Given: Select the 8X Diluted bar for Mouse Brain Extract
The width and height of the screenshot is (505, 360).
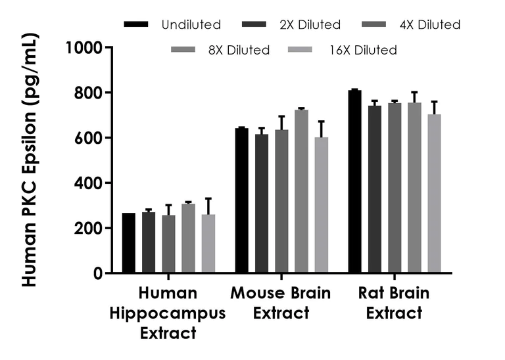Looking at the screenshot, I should tap(301, 191).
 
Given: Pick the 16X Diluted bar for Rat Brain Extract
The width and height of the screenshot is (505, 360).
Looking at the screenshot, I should tap(434, 194).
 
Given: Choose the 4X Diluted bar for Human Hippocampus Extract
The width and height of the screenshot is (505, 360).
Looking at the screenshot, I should tap(168, 244).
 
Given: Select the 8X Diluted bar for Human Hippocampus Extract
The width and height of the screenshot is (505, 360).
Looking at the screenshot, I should tap(188, 238).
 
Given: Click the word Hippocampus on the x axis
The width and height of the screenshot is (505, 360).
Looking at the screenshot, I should tap(168, 313).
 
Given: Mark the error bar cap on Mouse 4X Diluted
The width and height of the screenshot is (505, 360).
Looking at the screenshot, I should tap(281, 116).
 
